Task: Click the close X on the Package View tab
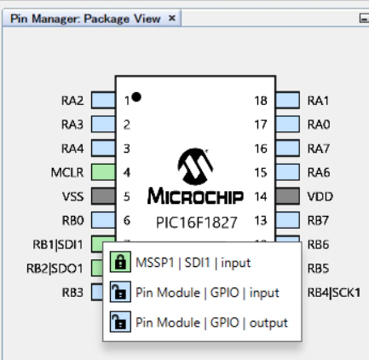(x=171, y=18)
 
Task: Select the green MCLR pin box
(x=103, y=172)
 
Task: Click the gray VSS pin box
(x=103, y=196)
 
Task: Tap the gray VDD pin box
(x=287, y=196)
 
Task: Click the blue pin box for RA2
(x=103, y=100)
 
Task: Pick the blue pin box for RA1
(x=287, y=100)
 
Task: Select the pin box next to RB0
(x=103, y=220)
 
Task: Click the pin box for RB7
(x=287, y=220)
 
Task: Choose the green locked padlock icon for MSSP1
(x=120, y=262)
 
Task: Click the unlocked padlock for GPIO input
(x=120, y=292)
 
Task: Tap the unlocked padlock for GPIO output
(x=120, y=322)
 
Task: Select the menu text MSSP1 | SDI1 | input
(x=193, y=263)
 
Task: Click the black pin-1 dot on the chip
(x=136, y=97)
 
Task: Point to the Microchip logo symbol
(x=195, y=166)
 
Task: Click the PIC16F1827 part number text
(x=197, y=223)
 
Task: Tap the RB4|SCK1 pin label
(x=334, y=293)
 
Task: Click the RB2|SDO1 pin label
(x=55, y=268)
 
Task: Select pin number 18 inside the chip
(x=261, y=101)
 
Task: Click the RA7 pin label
(x=319, y=148)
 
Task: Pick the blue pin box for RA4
(x=103, y=148)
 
